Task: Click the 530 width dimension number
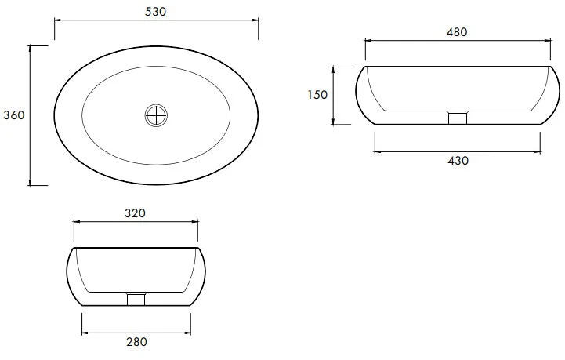(156, 12)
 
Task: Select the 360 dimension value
(14, 115)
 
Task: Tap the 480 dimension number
(457, 32)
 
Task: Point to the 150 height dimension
(317, 95)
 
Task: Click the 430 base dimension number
(458, 161)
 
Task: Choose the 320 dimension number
(135, 213)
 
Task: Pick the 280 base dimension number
(136, 342)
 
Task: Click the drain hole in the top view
(156, 115)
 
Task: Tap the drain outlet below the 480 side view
(458, 118)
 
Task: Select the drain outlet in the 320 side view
(136, 300)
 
